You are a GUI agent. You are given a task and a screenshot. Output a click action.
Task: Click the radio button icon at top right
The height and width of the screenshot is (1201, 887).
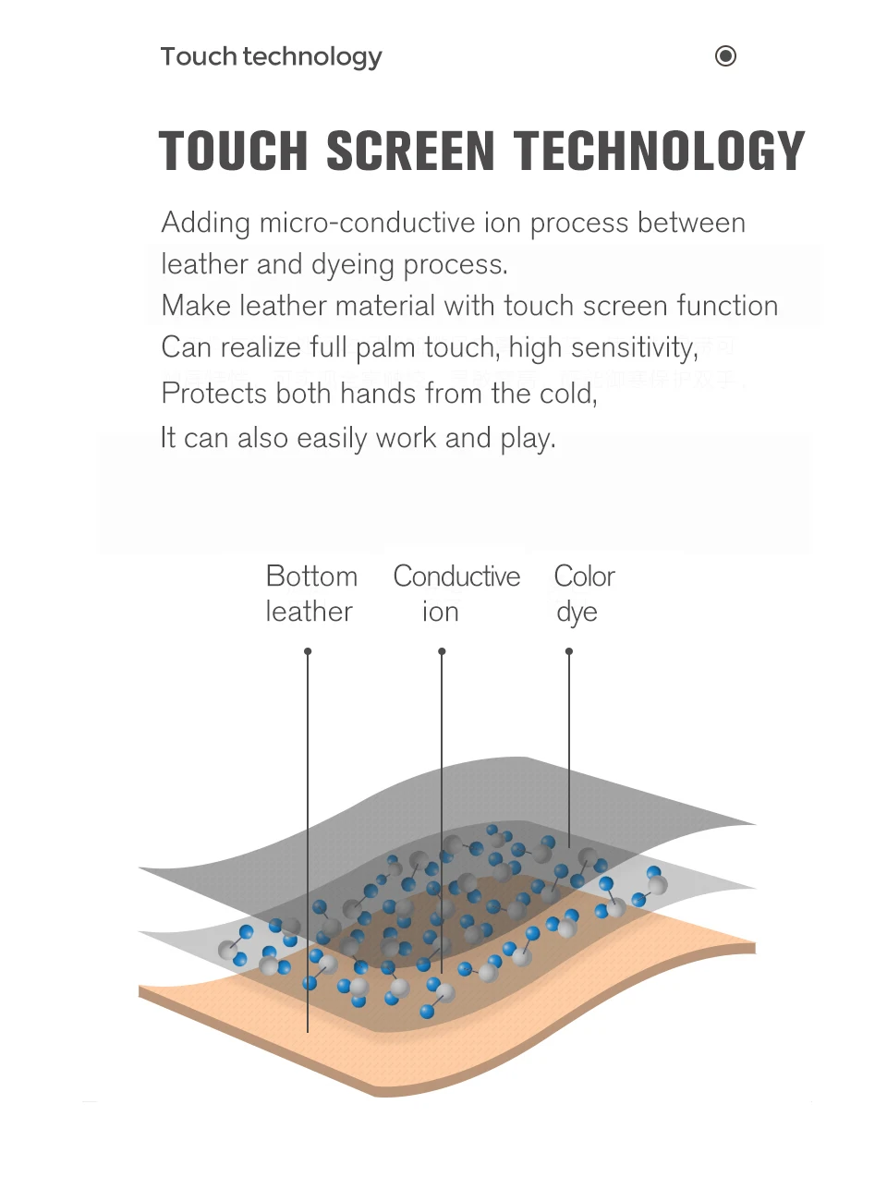click(726, 56)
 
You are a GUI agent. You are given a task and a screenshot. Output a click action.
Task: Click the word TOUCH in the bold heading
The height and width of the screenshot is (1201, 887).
click(233, 152)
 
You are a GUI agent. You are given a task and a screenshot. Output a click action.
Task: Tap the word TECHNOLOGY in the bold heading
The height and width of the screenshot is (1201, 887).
click(660, 152)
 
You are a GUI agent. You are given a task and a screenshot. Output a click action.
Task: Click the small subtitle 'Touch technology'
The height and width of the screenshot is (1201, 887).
click(271, 56)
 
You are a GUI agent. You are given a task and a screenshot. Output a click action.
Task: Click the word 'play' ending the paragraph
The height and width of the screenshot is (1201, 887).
click(527, 438)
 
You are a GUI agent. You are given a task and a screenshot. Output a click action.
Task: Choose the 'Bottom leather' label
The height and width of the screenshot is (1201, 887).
click(310, 594)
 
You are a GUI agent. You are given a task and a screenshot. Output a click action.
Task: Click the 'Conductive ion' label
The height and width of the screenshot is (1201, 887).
click(456, 594)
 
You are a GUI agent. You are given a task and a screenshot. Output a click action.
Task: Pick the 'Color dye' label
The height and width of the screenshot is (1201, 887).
click(584, 594)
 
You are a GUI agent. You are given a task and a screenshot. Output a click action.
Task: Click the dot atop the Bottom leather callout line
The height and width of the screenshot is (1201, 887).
click(308, 651)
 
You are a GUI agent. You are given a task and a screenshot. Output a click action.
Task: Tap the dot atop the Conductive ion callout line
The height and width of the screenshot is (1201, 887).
click(442, 651)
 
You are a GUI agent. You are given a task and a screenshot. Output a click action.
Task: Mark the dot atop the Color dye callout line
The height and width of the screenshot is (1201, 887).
click(569, 651)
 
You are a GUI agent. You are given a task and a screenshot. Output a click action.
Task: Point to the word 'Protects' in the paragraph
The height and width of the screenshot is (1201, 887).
click(213, 394)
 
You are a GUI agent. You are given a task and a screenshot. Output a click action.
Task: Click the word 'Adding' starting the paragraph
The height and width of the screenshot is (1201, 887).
click(205, 223)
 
